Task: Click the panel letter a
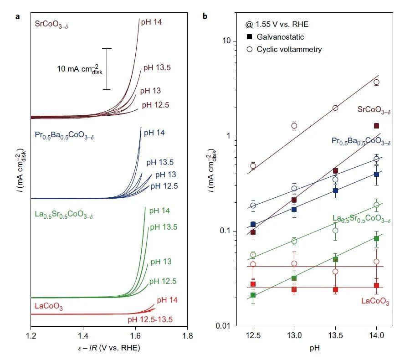[x=17, y=17]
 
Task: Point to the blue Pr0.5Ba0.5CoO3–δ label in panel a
[x=64, y=135]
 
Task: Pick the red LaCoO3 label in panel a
[x=48, y=306]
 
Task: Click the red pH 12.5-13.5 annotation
[x=150, y=319]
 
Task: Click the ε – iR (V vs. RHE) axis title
[x=109, y=349]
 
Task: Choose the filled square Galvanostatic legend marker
[x=249, y=37]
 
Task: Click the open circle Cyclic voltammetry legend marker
[x=249, y=49]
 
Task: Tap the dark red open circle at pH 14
[x=376, y=82]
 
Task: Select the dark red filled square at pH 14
[x=376, y=126]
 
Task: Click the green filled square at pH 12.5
[x=253, y=295]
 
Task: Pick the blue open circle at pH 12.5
[x=253, y=206]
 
